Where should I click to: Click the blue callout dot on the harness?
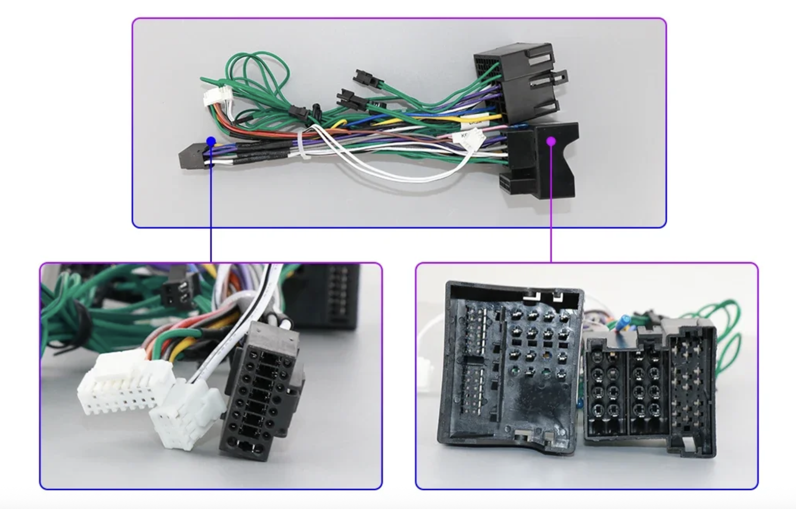tap(211, 141)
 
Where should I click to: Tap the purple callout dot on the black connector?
tap(551, 141)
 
